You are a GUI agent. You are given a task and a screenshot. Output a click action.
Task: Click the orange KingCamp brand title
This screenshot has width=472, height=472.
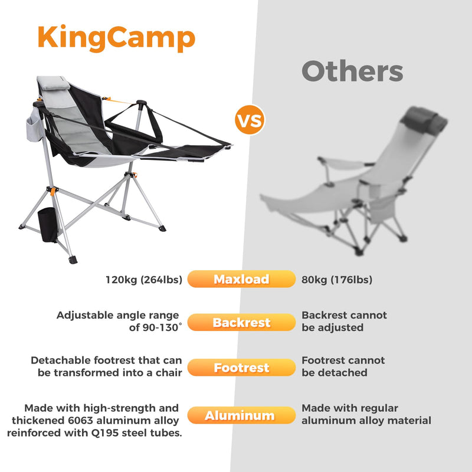116,37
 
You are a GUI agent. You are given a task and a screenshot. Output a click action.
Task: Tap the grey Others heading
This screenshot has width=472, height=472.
352,72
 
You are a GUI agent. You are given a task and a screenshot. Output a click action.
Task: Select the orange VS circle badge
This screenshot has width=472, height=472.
250,120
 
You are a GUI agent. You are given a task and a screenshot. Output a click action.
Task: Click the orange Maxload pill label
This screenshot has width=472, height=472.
241,279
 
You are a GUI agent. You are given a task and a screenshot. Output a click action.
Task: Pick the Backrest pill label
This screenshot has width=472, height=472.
241,323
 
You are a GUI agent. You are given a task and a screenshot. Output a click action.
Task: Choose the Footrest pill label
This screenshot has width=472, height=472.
241,368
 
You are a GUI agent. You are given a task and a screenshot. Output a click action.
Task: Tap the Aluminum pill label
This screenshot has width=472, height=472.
241,416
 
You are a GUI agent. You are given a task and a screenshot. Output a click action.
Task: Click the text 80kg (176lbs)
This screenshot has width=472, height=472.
337,279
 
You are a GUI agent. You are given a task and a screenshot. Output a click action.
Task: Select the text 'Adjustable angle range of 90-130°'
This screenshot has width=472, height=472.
118,322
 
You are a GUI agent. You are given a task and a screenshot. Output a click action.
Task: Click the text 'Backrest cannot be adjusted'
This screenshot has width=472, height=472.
344,322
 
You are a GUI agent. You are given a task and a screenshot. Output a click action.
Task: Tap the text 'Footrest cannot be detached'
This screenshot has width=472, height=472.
343,366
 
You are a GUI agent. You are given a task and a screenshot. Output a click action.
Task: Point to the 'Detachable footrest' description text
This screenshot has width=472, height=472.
106,366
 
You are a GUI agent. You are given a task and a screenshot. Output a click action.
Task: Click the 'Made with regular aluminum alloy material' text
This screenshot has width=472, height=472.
366,414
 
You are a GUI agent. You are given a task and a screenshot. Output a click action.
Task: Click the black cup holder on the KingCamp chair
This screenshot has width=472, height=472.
47,224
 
